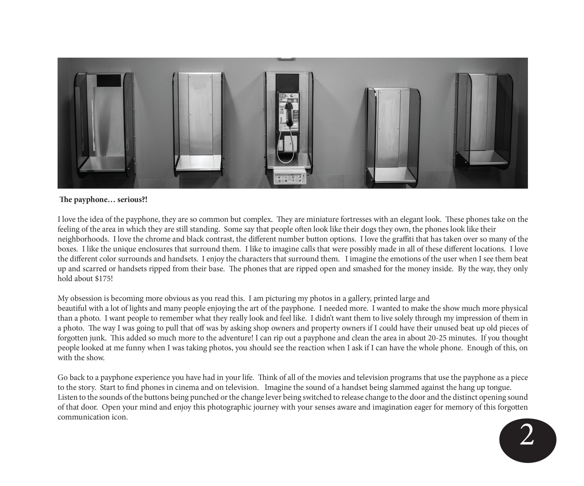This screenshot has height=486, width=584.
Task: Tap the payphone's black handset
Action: tap(289, 114)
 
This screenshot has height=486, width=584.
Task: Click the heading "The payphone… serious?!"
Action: tap(103, 200)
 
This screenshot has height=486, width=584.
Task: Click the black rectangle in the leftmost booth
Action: tap(109, 80)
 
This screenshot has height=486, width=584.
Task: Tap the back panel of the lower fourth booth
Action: tap(389, 128)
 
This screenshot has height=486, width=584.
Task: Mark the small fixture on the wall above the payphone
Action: tap(286, 58)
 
